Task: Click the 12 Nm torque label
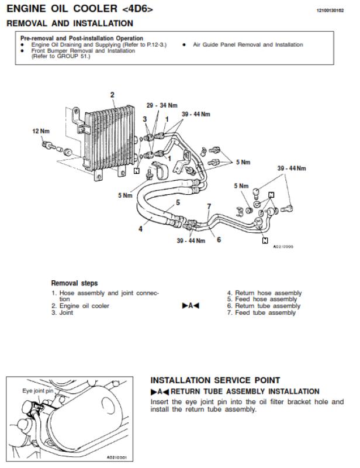coord(41,131)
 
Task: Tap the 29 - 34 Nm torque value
coord(162,105)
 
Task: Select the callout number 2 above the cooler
coord(112,95)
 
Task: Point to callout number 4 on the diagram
coord(140,229)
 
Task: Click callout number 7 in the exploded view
coord(209,207)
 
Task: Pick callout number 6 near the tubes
coord(219,240)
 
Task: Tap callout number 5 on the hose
coord(178,202)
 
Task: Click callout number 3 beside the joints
coord(145,119)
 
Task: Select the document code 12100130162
coord(330,11)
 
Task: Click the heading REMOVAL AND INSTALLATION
coord(70,23)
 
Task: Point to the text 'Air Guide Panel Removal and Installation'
coord(248,45)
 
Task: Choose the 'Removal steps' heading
coord(74,283)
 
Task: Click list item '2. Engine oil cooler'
coord(80,306)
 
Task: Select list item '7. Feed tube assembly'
coord(261,313)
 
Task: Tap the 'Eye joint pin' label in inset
coord(37,391)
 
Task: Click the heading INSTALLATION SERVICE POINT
coord(215,380)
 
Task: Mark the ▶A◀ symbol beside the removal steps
coord(191,306)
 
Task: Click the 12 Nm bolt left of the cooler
coord(49,145)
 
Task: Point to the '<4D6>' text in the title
coord(137,9)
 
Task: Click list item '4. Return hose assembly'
coord(264,293)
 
